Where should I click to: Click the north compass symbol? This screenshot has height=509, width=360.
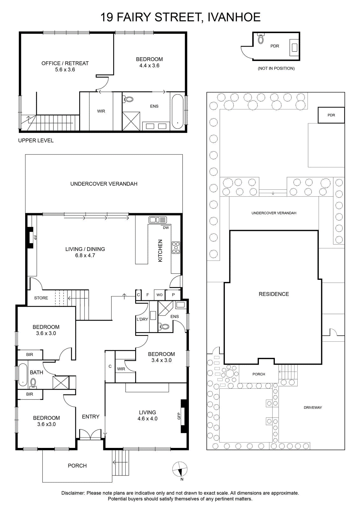180,469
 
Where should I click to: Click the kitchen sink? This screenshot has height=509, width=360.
158,220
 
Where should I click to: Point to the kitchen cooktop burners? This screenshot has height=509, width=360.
176,248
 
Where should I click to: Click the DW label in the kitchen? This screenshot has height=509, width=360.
166,228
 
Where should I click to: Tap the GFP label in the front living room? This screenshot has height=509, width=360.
179,416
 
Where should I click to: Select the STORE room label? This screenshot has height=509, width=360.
41,298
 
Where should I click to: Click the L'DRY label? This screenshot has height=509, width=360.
142,319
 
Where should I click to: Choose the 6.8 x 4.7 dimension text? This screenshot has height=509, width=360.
85,255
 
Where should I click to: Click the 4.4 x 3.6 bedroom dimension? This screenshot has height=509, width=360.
149,66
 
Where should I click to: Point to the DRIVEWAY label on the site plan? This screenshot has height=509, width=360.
313,408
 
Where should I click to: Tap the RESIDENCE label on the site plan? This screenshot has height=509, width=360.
274,294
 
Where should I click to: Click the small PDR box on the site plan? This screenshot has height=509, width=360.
331,115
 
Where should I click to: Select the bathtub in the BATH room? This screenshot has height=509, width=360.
23,375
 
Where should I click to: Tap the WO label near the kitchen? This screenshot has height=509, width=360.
159,295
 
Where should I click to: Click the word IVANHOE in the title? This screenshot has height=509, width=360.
234,17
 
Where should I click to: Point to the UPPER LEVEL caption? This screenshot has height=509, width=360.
36,141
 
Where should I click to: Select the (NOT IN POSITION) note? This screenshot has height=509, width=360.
276,68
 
